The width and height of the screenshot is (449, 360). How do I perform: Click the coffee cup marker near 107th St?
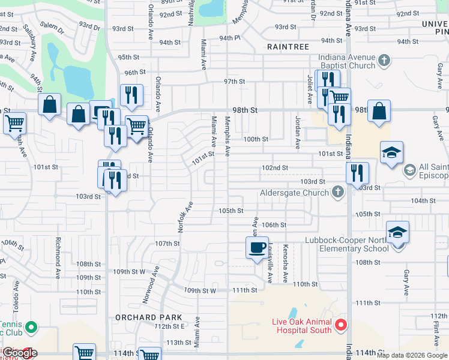(x=257, y=247)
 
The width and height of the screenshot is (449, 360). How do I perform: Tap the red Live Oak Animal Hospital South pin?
(x=341, y=325)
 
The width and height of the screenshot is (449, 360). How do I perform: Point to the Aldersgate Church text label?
(x=294, y=193)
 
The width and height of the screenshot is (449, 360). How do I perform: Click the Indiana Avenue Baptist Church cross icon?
(x=385, y=60)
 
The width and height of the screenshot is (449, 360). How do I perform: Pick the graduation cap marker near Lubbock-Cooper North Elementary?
(x=397, y=232)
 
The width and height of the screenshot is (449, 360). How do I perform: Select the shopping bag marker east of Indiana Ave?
(x=379, y=112)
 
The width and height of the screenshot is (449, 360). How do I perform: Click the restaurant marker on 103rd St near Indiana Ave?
(x=357, y=173)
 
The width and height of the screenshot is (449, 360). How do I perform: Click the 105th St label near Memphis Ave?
(x=231, y=211)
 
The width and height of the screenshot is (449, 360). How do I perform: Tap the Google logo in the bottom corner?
(x=19, y=353)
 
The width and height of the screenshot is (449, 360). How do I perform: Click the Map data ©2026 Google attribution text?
(x=412, y=355)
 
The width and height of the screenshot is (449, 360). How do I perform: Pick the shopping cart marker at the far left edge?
(x=14, y=124)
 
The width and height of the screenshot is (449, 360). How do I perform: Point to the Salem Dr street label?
(x=52, y=25)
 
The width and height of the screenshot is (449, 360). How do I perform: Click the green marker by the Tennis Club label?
(x=32, y=328)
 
